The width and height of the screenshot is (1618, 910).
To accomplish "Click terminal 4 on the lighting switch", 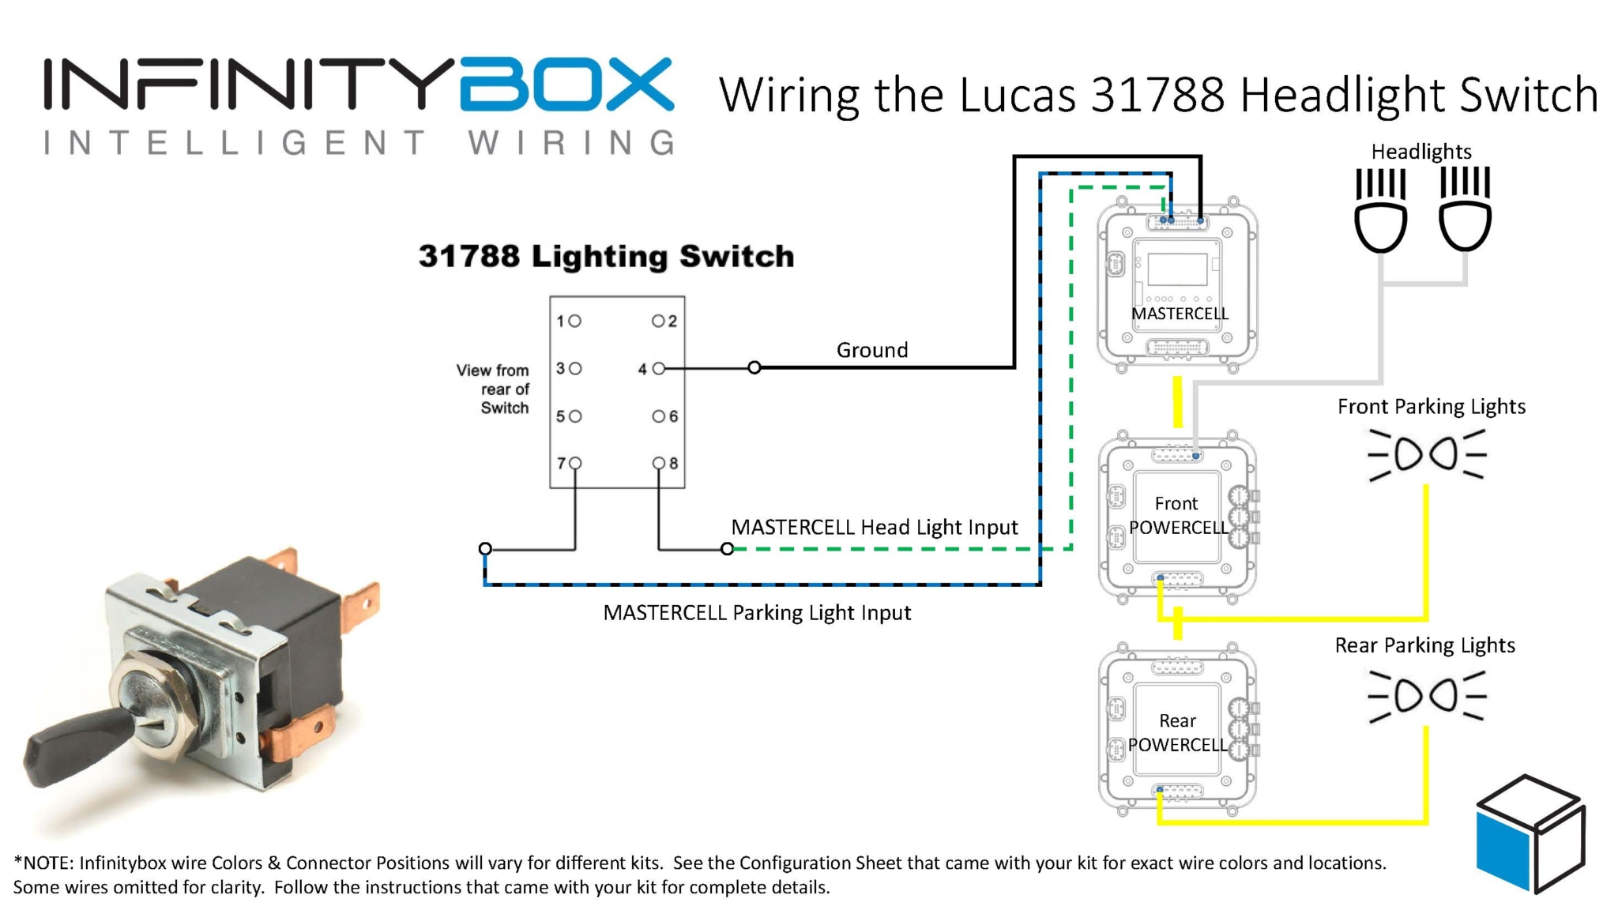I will coord(658,368).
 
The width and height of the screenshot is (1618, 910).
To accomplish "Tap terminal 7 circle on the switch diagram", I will coord(575,463).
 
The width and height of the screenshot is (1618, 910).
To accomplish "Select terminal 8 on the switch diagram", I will coord(659,463).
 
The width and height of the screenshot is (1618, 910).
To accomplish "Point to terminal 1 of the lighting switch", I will coord(575,321).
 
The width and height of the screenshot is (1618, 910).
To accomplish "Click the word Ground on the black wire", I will coord(871,350).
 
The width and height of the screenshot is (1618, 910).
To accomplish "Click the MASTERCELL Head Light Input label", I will coord(874,527).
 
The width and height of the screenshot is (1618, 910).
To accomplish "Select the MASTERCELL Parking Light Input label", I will coord(756,612).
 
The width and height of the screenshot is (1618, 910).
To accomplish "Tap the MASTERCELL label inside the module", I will coord(1180,314).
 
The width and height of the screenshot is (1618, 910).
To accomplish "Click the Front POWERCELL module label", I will coord(1177,515).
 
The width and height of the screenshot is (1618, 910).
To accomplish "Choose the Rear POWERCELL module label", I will coord(1177,732).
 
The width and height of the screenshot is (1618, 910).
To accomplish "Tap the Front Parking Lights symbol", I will coord(1427,454).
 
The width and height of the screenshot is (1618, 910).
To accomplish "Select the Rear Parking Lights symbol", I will coord(1427,695).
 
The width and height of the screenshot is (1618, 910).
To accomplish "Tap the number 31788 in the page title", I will coord(1157,95).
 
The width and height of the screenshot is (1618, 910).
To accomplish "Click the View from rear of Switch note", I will coord(493,389).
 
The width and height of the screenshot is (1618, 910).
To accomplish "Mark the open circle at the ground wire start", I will coord(754,367).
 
